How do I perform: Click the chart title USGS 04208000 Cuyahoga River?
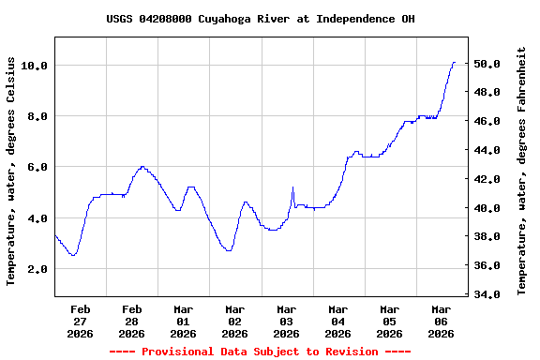point(261,19)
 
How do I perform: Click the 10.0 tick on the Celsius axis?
point(34,66)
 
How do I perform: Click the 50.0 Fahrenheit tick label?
point(492,64)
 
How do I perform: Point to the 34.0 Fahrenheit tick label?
point(492,294)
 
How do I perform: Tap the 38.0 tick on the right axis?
point(492,237)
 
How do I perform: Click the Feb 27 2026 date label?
point(81,321)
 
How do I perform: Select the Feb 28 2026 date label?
point(132,321)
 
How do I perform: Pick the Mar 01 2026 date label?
point(184,321)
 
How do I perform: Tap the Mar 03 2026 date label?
point(287,321)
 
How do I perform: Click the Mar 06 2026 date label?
point(442,321)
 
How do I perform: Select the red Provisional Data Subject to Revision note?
point(261,352)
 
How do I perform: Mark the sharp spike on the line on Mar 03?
point(292,187)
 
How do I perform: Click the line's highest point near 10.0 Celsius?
point(454,63)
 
